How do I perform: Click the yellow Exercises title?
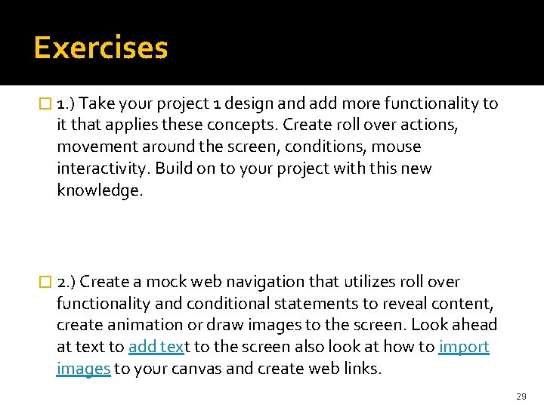(x=100, y=48)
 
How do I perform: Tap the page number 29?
(x=521, y=396)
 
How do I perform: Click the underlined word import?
(x=464, y=347)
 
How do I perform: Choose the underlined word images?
(x=83, y=369)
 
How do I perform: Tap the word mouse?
(x=397, y=146)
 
